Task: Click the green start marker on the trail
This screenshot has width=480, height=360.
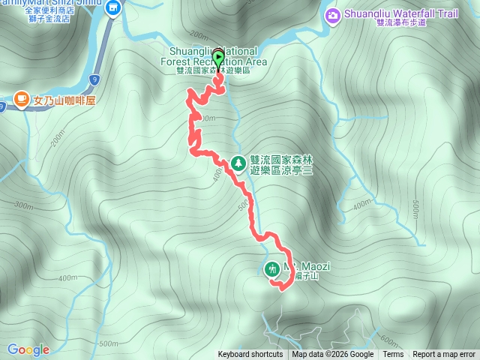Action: pos(218,58)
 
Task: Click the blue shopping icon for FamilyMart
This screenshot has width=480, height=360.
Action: pos(113,8)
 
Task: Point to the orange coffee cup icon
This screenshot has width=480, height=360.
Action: pos(22,99)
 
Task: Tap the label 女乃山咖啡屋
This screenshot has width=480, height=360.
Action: pos(65,100)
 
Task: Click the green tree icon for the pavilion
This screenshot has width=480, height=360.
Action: pos(238,162)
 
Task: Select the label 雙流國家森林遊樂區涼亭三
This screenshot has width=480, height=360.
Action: pos(280,161)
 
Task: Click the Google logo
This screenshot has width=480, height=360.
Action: pos(28,349)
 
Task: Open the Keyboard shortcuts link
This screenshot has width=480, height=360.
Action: pos(250,355)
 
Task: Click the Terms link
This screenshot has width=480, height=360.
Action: pos(393,355)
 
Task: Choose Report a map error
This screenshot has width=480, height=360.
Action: pos(444,355)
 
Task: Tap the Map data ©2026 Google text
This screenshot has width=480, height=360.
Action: pos(332,355)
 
